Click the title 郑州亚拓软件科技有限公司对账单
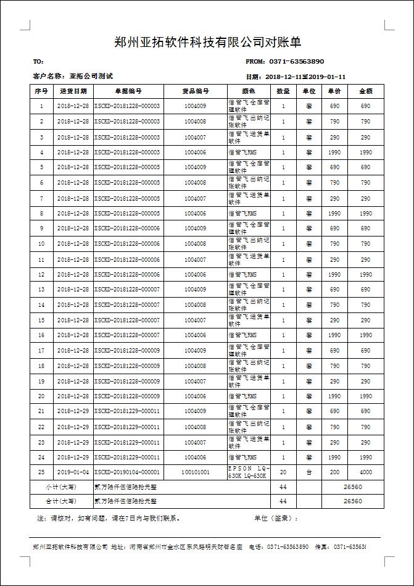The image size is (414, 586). coord(208,42)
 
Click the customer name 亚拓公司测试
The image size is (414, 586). coord(91,77)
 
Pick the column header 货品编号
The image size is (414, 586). coord(195,91)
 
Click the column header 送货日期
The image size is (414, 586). coord(73,91)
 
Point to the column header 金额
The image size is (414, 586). coord(365,91)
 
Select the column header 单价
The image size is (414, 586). coord(334,91)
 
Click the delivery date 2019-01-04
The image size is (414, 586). coord(73,472)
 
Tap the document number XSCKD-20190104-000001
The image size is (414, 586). coord(127,472)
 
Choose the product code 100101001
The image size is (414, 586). coord(195,472)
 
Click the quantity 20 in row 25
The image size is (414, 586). coord(283,472)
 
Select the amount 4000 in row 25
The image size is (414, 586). coord(365,472)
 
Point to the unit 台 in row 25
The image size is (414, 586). coord(308,472)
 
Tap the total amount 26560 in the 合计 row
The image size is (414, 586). coord(352,501)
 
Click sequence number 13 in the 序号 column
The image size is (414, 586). coord(41,290)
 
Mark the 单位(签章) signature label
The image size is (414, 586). coord(276,518)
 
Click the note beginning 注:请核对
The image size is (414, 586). coord(108,518)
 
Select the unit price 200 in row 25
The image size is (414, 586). coord(334,472)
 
